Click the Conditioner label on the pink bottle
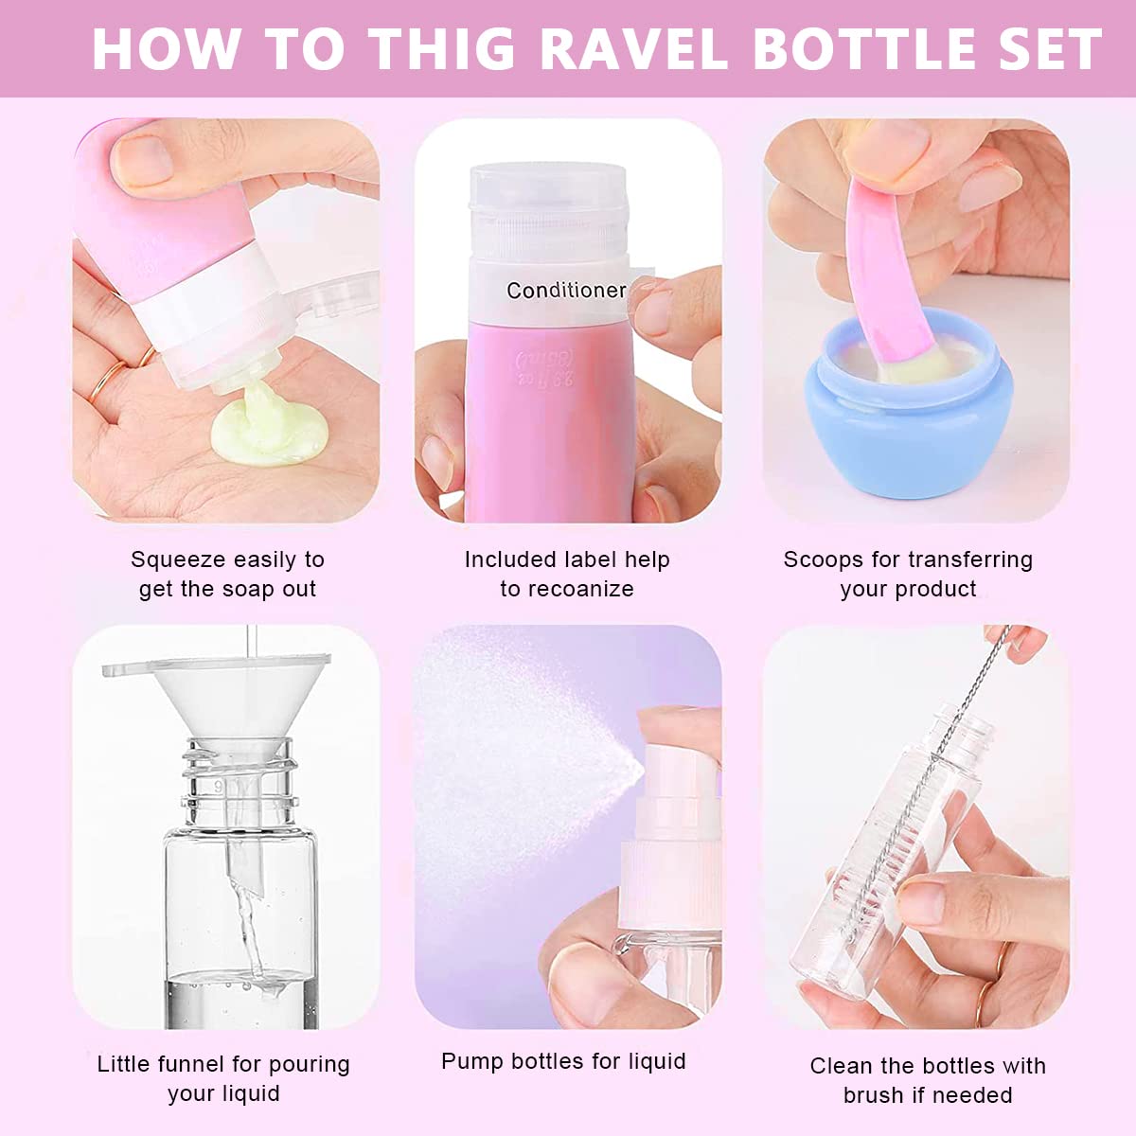pos(566,291)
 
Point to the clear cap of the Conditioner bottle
pos(549,208)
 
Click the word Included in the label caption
pos(510,559)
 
